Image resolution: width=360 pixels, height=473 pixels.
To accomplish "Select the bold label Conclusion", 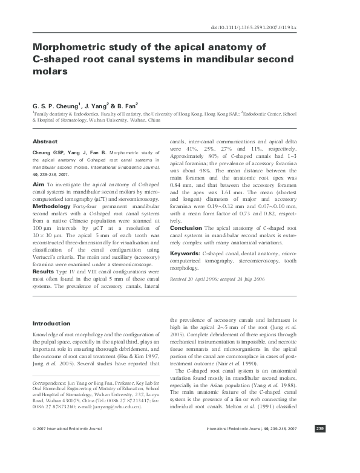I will click(186, 228).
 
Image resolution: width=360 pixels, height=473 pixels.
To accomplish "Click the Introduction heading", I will click(51, 324).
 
